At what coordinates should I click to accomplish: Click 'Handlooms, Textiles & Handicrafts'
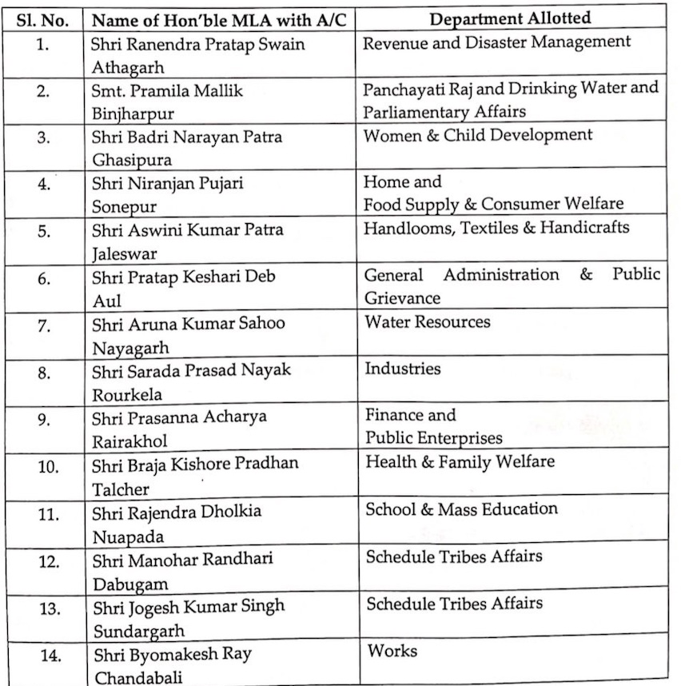click(x=496, y=227)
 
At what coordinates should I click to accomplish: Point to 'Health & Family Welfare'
click(x=460, y=461)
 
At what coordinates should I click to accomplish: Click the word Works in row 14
click(x=392, y=650)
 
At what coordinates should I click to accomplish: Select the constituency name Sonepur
click(x=121, y=206)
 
